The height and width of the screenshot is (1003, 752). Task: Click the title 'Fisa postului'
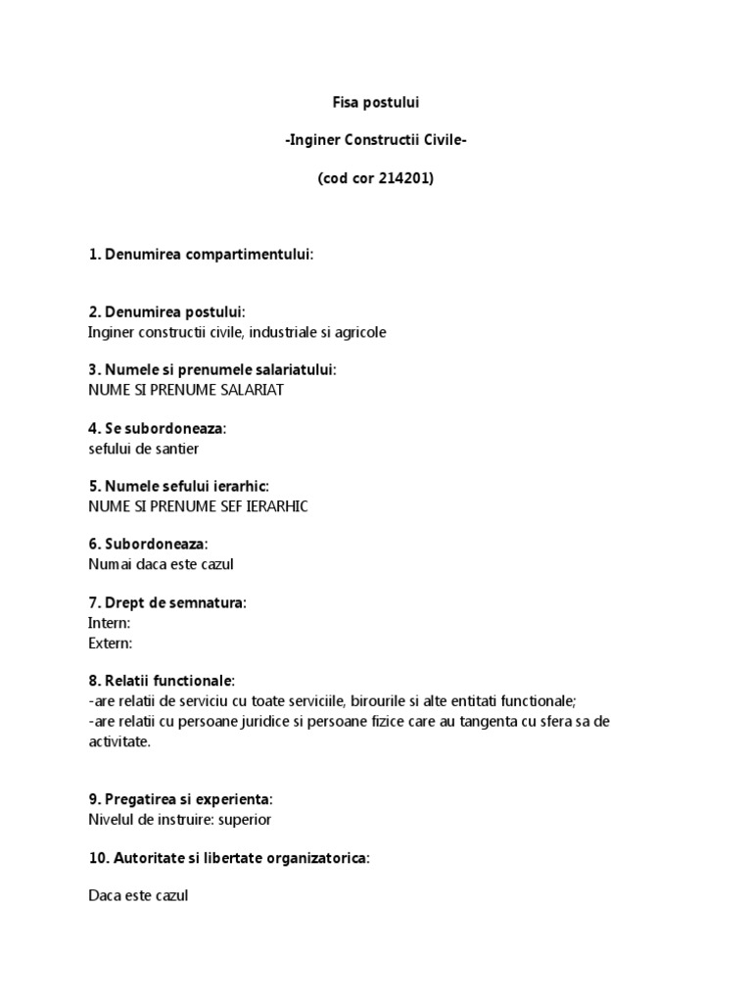[375, 102]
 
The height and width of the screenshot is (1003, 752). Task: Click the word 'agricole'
[360, 332]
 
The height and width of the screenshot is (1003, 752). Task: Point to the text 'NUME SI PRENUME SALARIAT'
[186, 390]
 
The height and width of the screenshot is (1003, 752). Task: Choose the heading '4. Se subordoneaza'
[157, 429]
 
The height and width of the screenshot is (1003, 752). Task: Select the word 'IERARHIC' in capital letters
[277, 506]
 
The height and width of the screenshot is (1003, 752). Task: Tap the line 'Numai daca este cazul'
[161, 564]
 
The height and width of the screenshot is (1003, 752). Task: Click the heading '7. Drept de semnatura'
[166, 603]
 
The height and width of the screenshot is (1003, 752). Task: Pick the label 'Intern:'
[109, 623]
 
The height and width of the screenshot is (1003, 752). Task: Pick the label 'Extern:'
[110, 643]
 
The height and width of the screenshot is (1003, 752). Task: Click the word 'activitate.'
[119, 741]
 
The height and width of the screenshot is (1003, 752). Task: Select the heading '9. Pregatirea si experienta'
[180, 799]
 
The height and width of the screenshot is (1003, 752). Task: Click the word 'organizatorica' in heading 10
[322, 858]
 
